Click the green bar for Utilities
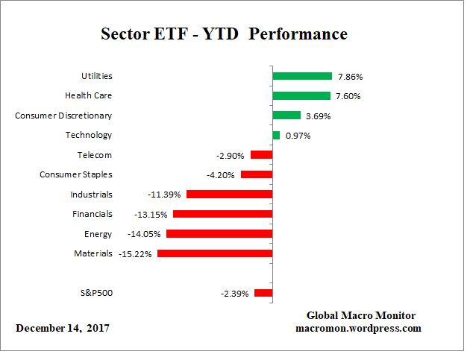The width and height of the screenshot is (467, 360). (301, 76)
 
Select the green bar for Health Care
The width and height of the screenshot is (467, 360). (301, 95)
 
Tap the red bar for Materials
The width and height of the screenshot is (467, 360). (214, 253)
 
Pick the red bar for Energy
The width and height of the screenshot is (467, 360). (219, 234)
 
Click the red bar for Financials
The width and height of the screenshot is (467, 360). (222, 214)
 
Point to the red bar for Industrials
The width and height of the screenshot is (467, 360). (229, 195)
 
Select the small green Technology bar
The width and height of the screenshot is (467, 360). (276, 135)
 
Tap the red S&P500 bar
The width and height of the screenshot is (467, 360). (263, 293)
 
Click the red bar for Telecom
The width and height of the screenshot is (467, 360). (261, 155)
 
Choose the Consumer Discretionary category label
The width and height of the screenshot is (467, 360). (63, 116)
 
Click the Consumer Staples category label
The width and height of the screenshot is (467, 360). (75, 174)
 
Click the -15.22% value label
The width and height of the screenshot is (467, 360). (135, 253)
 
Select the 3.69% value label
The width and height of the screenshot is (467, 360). (318, 116)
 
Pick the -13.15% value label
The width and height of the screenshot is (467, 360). (151, 214)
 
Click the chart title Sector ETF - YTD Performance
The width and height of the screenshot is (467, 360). (224, 34)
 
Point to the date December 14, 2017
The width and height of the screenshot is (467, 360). (62, 328)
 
